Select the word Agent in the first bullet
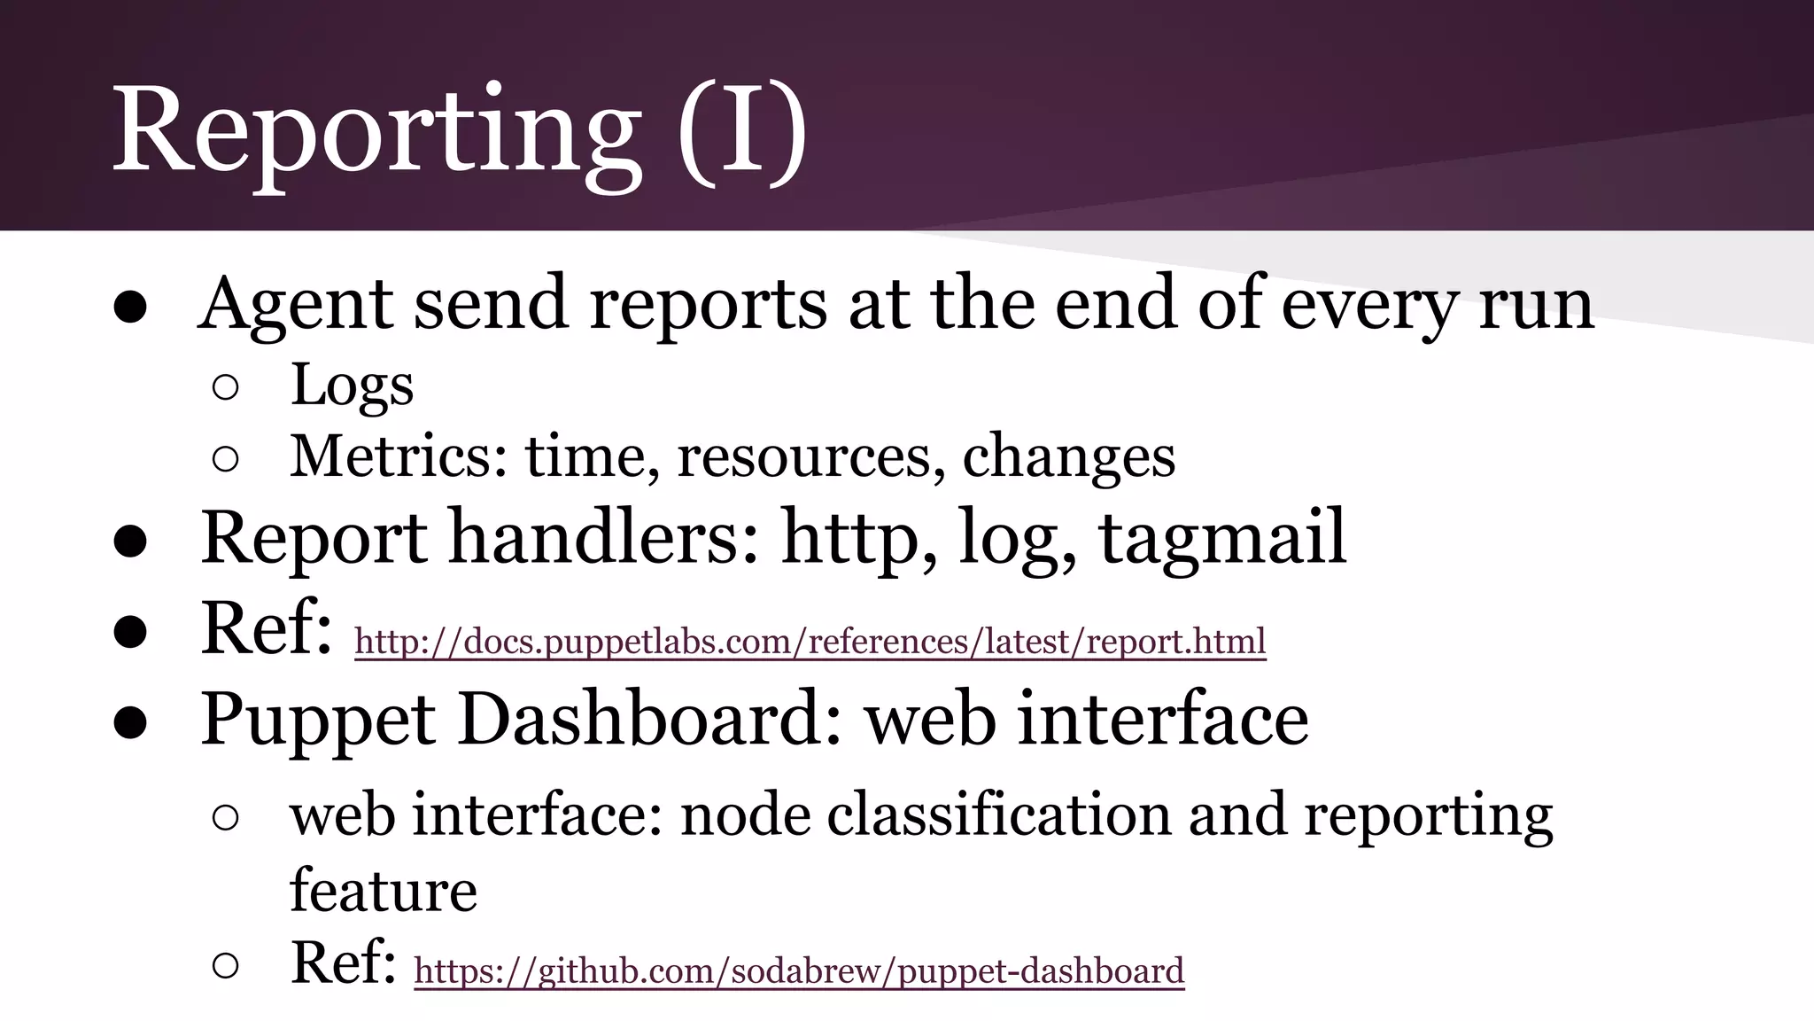(x=295, y=304)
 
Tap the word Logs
(x=352, y=386)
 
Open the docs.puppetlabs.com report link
(x=810, y=641)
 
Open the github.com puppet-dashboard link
(x=798, y=970)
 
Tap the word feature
(x=383, y=890)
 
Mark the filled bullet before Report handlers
(x=129, y=542)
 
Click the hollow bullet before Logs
(x=225, y=387)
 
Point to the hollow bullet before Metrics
(x=225, y=458)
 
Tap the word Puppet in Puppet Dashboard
(x=317, y=720)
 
